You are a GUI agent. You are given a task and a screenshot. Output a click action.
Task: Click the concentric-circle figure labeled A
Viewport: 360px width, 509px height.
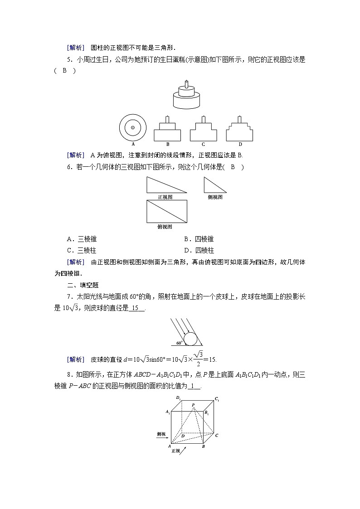click(132, 127)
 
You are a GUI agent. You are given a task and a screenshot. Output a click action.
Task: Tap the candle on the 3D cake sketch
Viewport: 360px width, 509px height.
click(186, 84)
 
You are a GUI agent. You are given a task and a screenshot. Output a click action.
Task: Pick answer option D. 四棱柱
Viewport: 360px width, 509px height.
click(199, 250)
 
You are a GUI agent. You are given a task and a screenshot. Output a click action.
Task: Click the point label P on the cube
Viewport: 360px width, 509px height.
click(193, 404)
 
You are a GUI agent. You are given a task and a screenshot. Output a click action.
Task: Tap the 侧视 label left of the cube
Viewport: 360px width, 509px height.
click(161, 434)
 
